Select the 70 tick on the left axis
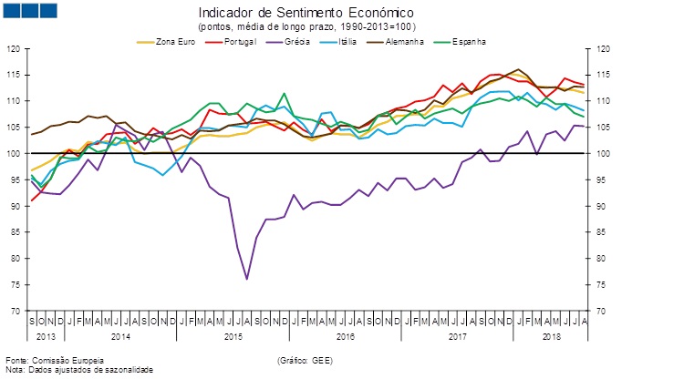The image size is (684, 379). coord(14,311)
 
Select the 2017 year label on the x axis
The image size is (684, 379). coord(458,337)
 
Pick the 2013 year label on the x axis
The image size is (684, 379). coord(46,337)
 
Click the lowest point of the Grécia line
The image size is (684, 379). coord(247,279)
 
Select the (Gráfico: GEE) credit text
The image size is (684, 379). coord(306,361)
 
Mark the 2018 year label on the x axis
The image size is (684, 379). coord(552,337)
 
